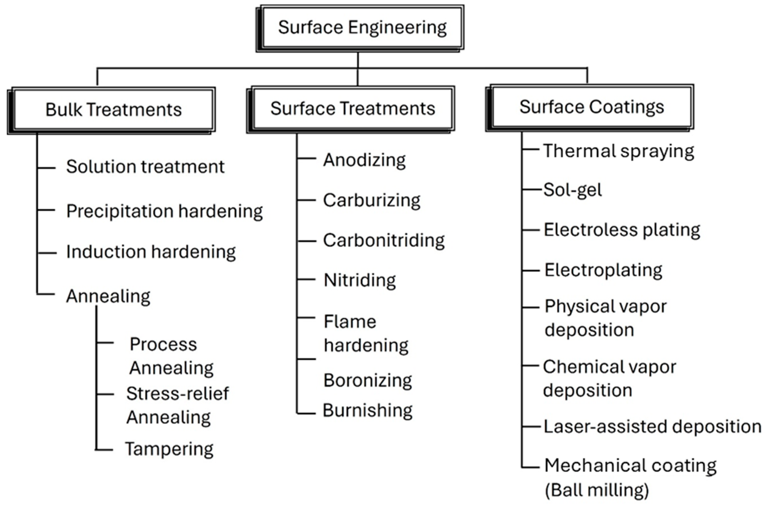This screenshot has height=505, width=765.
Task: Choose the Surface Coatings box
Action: (591, 107)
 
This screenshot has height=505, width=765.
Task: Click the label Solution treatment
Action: (145, 167)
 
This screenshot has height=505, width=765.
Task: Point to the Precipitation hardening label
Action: (164, 211)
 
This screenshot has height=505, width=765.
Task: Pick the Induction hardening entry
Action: (151, 252)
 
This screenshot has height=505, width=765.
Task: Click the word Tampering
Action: (169, 449)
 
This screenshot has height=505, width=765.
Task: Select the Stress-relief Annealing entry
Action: (177, 405)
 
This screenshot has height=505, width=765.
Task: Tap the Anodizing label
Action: (364, 160)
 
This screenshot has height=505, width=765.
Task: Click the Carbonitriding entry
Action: (384, 240)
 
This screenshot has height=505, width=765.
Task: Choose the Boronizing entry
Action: (367, 380)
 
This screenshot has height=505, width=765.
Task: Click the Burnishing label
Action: (367, 410)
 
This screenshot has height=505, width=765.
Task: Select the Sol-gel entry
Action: (572, 190)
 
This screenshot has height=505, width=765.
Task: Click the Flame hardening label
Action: (366, 333)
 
